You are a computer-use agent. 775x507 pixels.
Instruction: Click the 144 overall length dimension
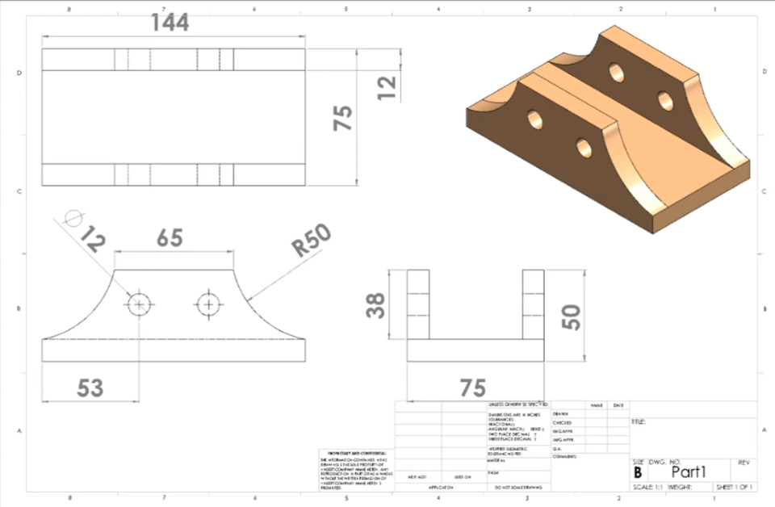(x=170, y=23)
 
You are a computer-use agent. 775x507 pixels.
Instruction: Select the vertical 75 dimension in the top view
(x=344, y=118)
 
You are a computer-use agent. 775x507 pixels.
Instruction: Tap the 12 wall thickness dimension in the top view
(x=387, y=87)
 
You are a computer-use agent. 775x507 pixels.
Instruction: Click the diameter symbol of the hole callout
(x=73, y=218)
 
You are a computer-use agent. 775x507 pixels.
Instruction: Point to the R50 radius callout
(x=312, y=240)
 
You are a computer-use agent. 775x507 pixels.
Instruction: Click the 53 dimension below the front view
(x=90, y=388)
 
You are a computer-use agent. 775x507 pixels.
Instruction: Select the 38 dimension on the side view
(x=376, y=305)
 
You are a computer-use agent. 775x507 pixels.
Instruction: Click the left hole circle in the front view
(x=139, y=304)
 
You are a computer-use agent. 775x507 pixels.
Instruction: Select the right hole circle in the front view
(x=209, y=304)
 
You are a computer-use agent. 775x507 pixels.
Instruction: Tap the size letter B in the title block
(x=638, y=473)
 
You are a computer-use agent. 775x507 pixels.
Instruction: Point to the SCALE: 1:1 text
(x=647, y=488)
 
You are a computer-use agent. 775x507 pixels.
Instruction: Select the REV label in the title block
(x=744, y=463)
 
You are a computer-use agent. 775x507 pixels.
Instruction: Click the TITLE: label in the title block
(x=639, y=421)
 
